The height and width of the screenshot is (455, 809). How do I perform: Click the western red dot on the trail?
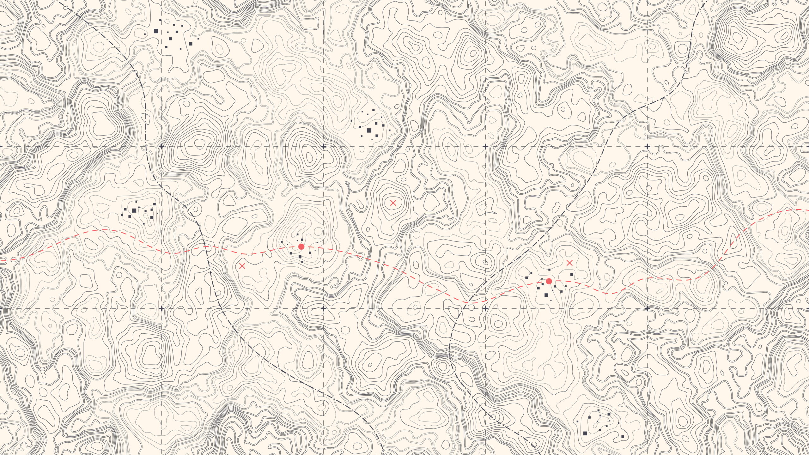301,246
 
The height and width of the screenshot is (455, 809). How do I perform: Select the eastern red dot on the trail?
549,281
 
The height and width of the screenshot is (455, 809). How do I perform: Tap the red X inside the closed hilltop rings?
393,203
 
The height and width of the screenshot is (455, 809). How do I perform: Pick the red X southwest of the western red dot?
242,266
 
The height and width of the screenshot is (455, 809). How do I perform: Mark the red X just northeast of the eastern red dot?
569,263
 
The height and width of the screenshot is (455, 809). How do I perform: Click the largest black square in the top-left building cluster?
156,31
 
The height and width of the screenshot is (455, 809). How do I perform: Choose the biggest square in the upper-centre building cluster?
369,130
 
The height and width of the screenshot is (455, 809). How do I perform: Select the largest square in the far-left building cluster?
134,210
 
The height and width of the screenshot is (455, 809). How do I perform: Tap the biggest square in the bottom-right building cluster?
585,433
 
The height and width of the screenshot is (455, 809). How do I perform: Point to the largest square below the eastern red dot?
546,295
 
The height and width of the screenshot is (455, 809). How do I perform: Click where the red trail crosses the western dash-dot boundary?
205,246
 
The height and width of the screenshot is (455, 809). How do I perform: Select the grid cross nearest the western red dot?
323,308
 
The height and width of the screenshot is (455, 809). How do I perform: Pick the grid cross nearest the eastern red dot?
485,308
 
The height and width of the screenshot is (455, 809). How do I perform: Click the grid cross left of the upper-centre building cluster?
323,147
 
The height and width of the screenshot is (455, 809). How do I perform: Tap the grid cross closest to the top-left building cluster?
161,147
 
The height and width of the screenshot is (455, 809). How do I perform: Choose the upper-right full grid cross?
647,147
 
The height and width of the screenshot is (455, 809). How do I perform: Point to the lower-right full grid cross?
647,308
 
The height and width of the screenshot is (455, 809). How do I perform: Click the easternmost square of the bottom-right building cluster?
623,437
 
